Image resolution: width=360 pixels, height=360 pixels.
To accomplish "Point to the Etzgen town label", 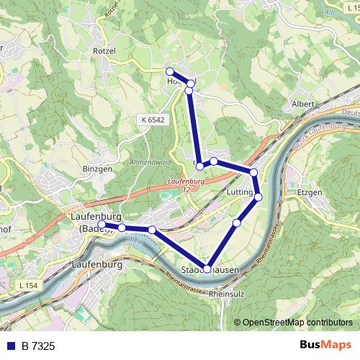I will pyautogui.click(x=310, y=194).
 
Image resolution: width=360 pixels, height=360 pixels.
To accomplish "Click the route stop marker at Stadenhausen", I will pyautogui.click(x=207, y=269).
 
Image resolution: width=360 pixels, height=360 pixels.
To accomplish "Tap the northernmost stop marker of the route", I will pyautogui.click(x=170, y=71).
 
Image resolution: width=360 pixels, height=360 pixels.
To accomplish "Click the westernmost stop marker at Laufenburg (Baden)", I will pyautogui.click(x=102, y=225).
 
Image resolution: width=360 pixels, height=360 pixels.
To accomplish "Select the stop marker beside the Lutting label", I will pyautogui.click(x=258, y=197).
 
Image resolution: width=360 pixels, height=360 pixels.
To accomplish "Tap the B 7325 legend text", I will pyautogui.click(x=37, y=346).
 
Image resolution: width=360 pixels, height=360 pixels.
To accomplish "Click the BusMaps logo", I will pyautogui.click(x=325, y=346).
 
